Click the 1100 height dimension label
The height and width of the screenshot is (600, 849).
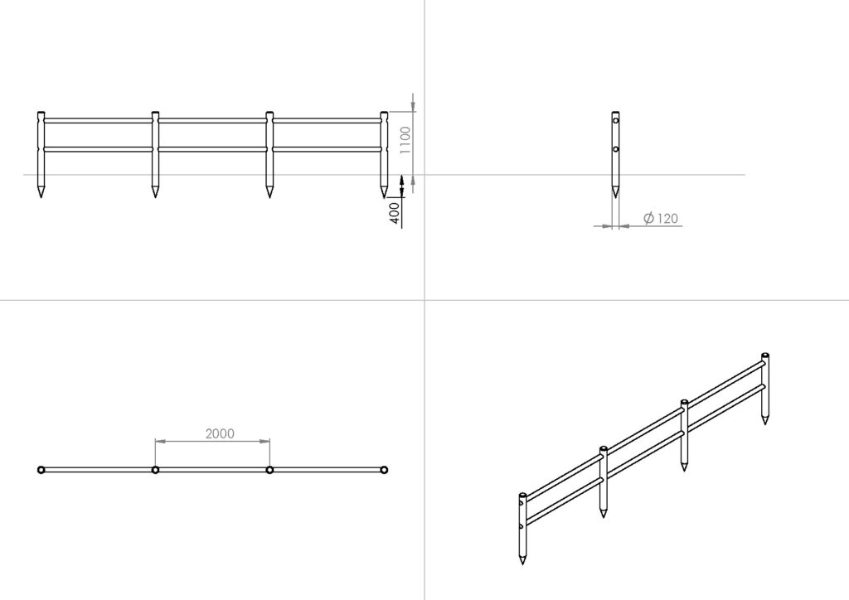click(x=405, y=140)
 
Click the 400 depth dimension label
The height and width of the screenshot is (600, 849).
click(x=395, y=213)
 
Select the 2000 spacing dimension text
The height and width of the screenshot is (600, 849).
click(x=220, y=433)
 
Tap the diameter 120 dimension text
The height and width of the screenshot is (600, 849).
click(x=661, y=218)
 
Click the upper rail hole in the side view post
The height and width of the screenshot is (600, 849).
click(x=616, y=120)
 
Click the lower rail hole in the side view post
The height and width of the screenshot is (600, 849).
click(x=616, y=149)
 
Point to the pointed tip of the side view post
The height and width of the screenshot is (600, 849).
click(x=615, y=197)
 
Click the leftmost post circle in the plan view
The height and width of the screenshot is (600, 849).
click(x=41, y=470)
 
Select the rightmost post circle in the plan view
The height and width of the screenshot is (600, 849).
click(x=384, y=470)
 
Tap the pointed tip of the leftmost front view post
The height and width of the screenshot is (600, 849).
click(x=41, y=197)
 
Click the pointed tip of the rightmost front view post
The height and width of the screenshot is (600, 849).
click(x=384, y=197)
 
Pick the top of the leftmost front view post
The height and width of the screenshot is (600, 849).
click(x=41, y=113)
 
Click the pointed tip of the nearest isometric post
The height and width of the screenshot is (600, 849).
click(x=522, y=564)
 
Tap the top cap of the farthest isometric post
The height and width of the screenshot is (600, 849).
click(x=765, y=356)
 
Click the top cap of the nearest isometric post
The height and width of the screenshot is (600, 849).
click(x=522, y=495)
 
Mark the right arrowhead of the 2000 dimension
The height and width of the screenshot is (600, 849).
click(x=265, y=442)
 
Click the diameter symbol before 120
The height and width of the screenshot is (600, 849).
click(x=648, y=218)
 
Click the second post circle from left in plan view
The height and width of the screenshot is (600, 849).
click(x=155, y=470)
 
